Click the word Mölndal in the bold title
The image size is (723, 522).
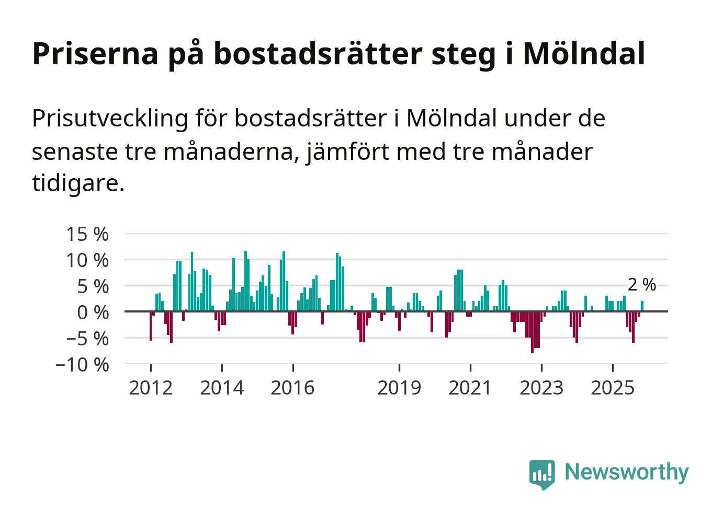tap(584, 53)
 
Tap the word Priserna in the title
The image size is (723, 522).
tap(95, 53)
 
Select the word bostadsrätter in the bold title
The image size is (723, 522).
tap(318, 53)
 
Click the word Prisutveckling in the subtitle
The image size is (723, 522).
tap(110, 119)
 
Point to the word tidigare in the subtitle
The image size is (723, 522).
tap(78, 183)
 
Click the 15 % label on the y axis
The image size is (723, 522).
tap(87, 234)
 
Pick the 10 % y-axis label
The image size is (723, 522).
tap(87, 260)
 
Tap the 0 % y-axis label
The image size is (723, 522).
tap(93, 312)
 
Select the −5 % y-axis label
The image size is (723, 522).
tap(87, 339)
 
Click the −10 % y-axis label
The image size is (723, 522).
tap(83, 365)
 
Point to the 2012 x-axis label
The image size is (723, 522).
tap(151, 388)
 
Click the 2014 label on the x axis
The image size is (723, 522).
tap(222, 388)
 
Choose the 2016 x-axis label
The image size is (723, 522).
tap(292, 388)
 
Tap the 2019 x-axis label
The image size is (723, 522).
tap(399, 388)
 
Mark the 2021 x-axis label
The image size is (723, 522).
tap(470, 388)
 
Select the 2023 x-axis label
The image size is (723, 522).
tap(541, 388)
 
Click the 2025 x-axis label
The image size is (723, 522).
tap(613, 388)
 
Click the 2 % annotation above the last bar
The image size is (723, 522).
tap(642, 285)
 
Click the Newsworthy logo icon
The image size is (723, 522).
tap(541, 474)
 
